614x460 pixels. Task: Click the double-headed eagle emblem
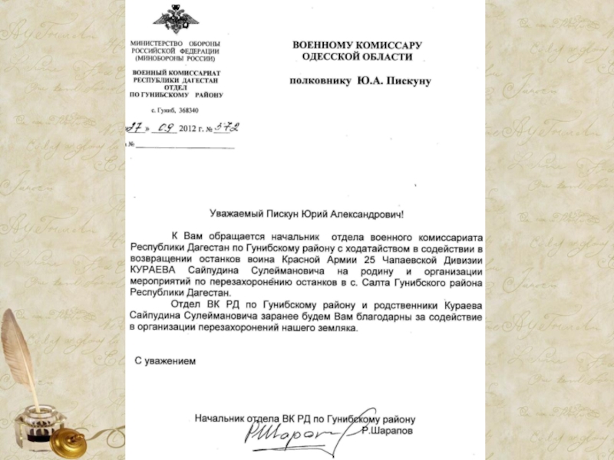(x=175, y=18)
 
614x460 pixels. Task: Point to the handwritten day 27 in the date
(x=137, y=128)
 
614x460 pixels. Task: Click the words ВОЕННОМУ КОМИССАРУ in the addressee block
(x=358, y=45)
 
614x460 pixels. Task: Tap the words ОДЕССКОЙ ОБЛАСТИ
(x=358, y=58)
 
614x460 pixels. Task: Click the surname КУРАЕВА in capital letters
(x=153, y=270)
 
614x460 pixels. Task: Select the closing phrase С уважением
(x=165, y=361)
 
